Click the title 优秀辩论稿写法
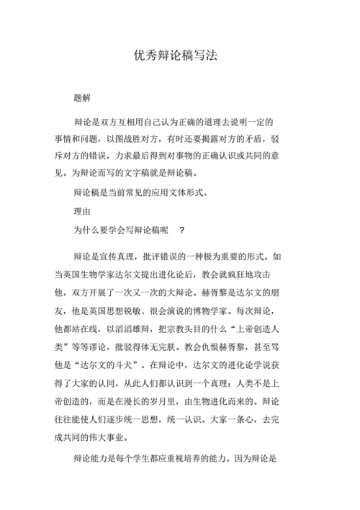coord(180,55)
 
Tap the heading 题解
coord(83,97)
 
